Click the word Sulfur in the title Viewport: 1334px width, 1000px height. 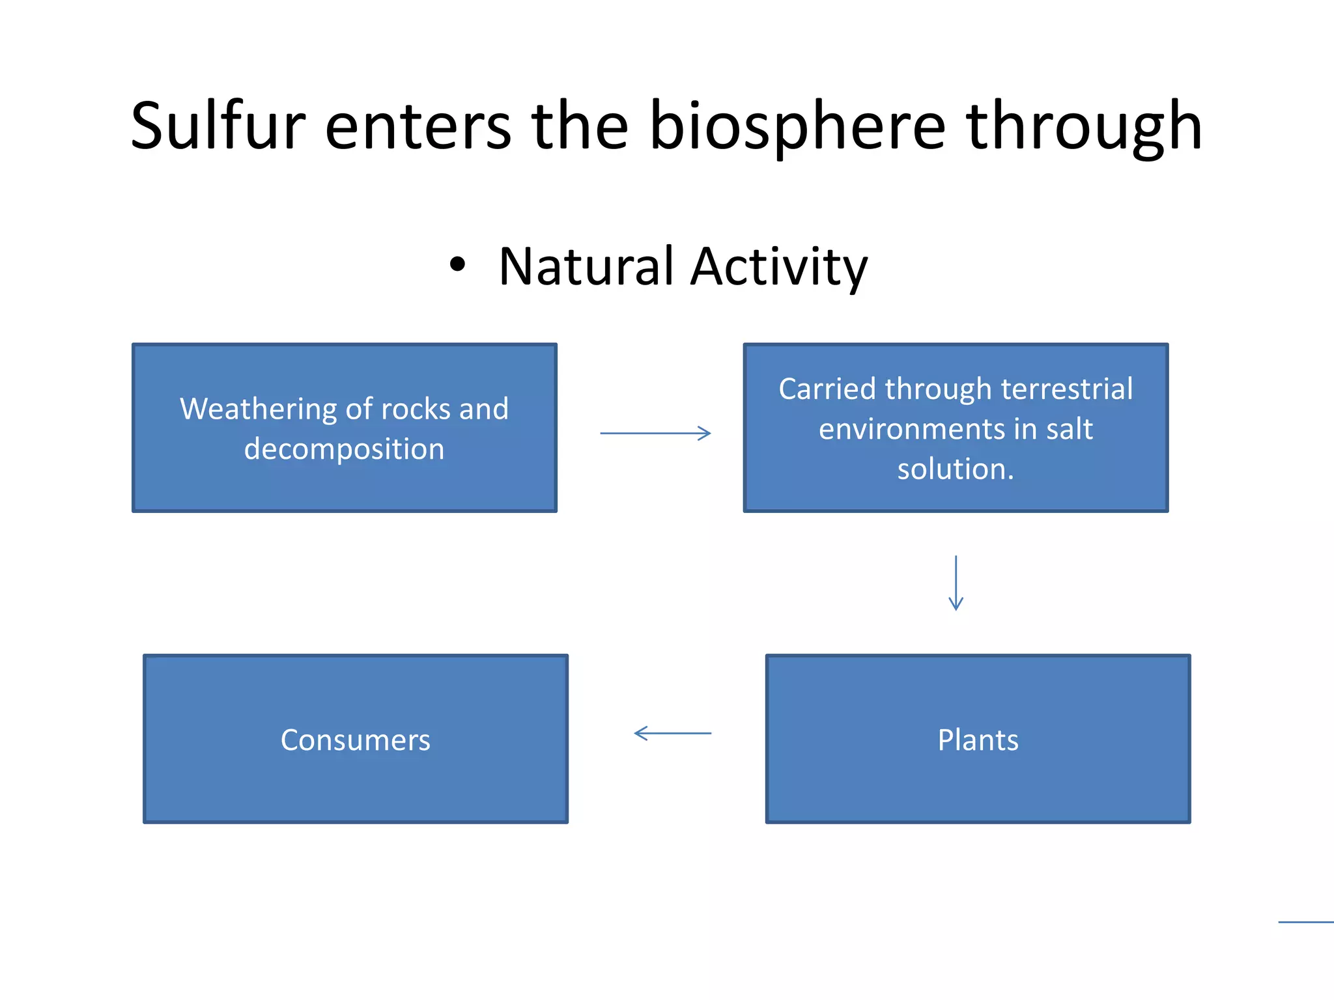[x=218, y=126]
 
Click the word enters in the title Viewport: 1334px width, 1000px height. [x=418, y=127]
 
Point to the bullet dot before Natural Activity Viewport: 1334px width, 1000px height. [x=458, y=264]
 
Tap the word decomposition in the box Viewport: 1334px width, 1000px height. [x=344, y=449]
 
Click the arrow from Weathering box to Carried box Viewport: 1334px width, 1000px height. [x=655, y=433]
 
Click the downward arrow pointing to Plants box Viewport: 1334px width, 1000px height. [x=956, y=583]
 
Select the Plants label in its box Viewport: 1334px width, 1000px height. [x=978, y=740]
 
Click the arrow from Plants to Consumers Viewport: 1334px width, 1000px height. [x=672, y=733]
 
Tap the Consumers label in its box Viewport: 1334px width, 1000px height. [x=356, y=740]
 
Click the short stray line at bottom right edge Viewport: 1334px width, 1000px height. [x=1306, y=921]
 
